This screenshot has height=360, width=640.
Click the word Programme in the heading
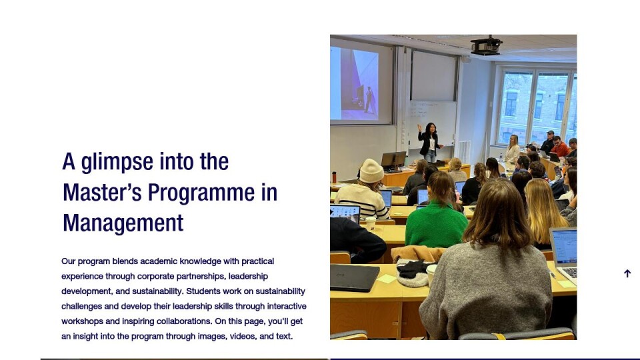coord(201,193)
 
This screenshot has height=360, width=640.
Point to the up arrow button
coord(627,273)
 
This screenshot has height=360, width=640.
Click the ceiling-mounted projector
coord(486,45)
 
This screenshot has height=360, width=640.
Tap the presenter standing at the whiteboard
coord(429,142)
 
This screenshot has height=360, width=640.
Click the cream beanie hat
coord(371,171)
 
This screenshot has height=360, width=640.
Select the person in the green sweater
coord(436,212)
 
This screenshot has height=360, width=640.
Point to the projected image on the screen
coord(354,84)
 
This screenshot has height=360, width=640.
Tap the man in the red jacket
coord(559,147)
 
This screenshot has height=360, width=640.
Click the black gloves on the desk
coord(412,269)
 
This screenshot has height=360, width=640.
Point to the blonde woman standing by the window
coord(512,149)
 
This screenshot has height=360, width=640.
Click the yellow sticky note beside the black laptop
coord(386,279)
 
